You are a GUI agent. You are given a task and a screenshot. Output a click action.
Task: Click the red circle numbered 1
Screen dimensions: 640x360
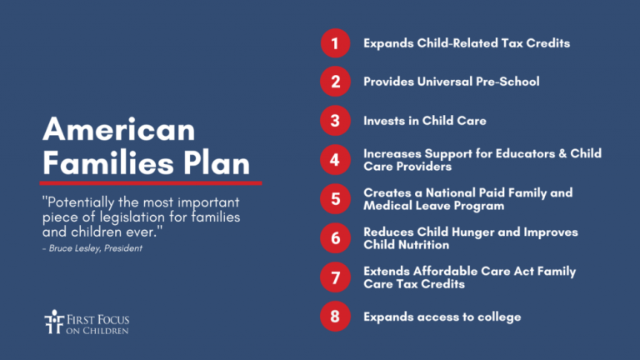335,43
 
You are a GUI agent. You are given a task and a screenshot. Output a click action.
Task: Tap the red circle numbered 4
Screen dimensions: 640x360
335,160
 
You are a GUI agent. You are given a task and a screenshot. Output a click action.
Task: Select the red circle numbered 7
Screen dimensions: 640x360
335,277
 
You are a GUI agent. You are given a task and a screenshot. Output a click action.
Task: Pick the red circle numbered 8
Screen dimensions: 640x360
335,317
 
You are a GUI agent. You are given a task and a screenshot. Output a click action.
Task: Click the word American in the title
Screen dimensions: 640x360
119,130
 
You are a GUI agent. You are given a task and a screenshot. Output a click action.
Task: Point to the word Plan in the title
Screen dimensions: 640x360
216,163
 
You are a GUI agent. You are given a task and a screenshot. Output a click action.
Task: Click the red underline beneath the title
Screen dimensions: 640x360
151,183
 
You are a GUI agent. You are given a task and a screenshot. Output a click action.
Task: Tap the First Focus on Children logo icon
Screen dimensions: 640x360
54,322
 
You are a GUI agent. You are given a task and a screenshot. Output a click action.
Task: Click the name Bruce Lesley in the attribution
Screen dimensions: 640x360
75,248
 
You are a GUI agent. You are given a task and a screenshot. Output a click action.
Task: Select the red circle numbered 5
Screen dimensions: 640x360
335,199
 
